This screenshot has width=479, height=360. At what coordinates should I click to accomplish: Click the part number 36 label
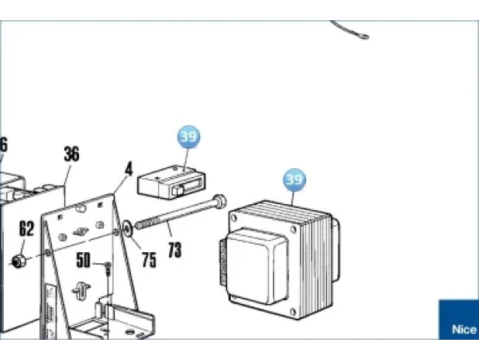click(x=72, y=154)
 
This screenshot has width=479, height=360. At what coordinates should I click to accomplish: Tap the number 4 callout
click(x=129, y=169)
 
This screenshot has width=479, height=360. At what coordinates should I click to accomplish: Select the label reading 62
click(x=26, y=228)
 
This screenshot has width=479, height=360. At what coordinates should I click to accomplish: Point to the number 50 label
click(x=83, y=260)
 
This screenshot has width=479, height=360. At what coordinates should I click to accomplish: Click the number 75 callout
click(x=149, y=260)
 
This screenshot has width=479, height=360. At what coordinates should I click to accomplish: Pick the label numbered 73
click(x=174, y=250)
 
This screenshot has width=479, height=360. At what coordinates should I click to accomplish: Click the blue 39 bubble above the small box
click(x=189, y=137)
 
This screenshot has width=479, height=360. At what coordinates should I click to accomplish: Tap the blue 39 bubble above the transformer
click(x=295, y=179)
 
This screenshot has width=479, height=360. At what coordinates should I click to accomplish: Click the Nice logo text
click(x=464, y=330)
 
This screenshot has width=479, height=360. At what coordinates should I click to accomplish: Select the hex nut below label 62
click(x=17, y=261)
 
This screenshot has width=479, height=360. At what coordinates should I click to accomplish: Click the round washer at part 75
click(x=127, y=228)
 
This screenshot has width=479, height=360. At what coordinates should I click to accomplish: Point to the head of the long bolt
click(x=220, y=201)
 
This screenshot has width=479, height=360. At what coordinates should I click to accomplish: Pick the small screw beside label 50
click(x=108, y=268)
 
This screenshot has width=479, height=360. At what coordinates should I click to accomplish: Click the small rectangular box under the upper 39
click(x=171, y=182)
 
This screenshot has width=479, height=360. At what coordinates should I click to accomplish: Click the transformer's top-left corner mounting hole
click(x=234, y=218)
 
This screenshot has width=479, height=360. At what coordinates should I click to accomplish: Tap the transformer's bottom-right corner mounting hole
click(x=293, y=312)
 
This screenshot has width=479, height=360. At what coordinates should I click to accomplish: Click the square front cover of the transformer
click(x=257, y=265)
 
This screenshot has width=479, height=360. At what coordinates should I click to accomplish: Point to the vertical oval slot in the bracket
click(x=81, y=290)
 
